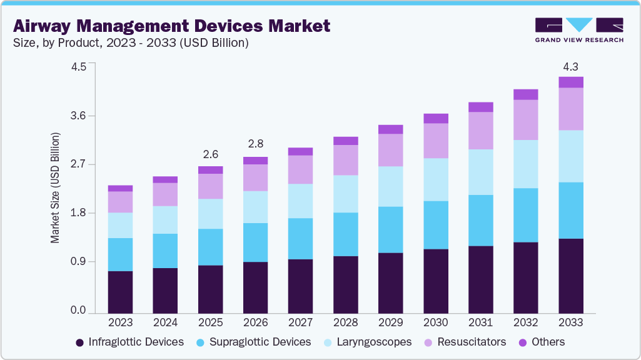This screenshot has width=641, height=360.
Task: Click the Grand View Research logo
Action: (x=578, y=29)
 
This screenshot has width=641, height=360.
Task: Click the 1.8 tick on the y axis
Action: (x=78, y=213)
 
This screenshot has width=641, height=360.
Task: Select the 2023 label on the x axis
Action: (x=120, y=322)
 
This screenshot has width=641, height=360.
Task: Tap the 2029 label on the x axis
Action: (x=391, y=322)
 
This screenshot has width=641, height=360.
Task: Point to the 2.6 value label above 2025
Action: (x=210, y=154)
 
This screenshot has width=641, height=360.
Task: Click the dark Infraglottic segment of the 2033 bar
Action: (x=570, y=275)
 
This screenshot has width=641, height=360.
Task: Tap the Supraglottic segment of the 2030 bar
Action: (x=435, y=225)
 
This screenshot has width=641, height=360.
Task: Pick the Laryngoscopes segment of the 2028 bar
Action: (x=345, y=194)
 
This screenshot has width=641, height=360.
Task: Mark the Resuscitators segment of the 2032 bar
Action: (x=525, y=119)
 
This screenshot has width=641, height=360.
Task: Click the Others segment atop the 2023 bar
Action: (x=120, y=188)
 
